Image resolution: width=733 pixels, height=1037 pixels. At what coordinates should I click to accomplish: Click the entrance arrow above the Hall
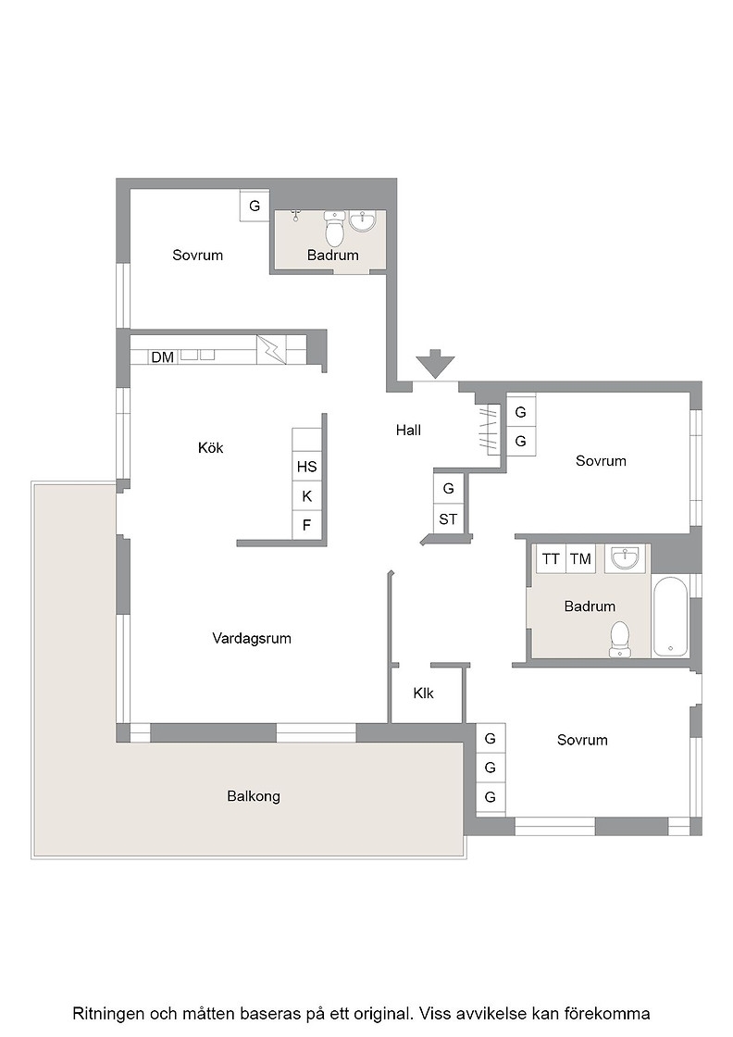click(436, 363)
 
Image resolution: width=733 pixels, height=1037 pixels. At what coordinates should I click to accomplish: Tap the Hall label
click(408, 431)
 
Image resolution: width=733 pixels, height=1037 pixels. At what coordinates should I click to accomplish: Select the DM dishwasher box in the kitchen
click(163, 357)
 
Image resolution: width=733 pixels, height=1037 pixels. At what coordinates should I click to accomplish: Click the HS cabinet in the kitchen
click(306, 467)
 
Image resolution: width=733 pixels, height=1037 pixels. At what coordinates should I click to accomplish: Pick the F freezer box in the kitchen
click(306, 525)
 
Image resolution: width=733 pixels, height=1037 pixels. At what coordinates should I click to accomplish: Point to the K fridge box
click(306, 496)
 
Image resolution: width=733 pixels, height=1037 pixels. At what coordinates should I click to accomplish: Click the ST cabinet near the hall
click(448, 519)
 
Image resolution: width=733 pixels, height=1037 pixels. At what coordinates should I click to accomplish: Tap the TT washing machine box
click(551, 559)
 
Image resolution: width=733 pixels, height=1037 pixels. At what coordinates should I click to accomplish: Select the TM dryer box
click(580, 559)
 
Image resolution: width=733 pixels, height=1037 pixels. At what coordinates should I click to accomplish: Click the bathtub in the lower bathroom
click(670, 617)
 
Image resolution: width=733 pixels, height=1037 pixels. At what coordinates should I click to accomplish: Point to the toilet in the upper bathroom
click(335, 228)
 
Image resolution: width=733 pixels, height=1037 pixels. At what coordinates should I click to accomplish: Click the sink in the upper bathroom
click(362, 221)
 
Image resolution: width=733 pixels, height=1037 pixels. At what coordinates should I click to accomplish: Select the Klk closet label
click(424, 693)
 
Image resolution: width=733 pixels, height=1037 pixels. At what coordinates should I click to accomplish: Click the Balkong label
click(254, 796)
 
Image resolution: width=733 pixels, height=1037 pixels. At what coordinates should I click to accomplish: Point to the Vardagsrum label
click(252, 638)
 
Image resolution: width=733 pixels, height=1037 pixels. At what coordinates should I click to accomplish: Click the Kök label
click(211, 448)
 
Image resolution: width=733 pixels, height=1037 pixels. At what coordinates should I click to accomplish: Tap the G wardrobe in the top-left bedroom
click(255, 206)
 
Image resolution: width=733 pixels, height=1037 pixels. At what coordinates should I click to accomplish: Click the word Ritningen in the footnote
click(110, 1013)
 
